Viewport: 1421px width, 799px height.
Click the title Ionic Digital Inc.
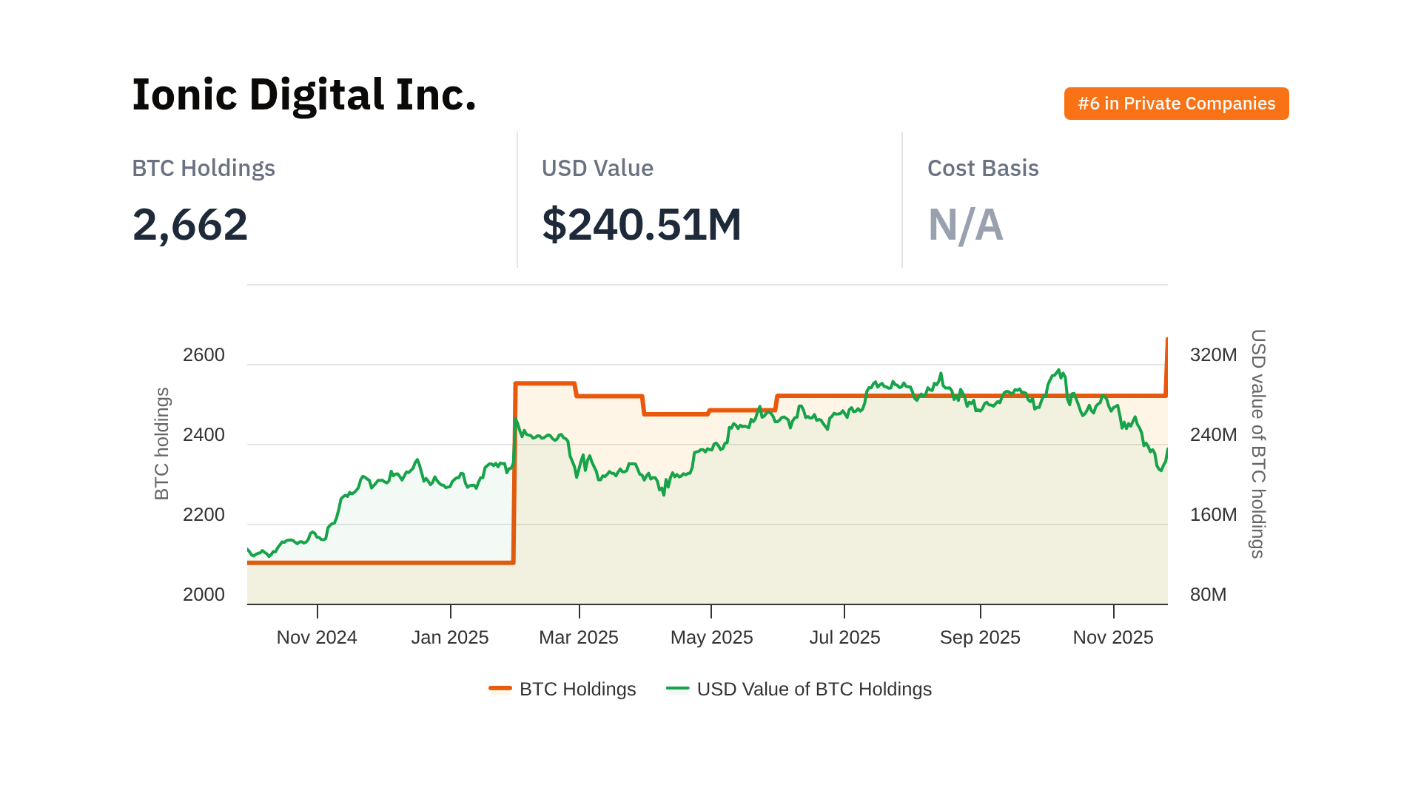303,95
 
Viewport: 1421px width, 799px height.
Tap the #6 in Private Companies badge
1176,104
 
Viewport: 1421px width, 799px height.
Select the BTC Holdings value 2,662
190,225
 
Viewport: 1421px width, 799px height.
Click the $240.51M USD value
641,225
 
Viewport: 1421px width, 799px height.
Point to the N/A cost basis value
965,225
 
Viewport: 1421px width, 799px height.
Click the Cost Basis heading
982,169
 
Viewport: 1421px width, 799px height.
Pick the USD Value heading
597,169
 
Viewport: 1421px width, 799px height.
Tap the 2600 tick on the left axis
204,355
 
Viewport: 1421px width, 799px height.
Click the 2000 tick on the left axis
204,595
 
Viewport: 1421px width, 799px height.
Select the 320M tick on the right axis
1213,355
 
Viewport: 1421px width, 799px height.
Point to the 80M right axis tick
1208,595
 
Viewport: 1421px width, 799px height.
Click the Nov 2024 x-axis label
317,638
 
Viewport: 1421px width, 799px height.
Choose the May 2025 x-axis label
711,638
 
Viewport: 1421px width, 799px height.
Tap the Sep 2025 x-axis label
980,638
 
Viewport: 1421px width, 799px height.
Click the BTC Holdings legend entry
562,690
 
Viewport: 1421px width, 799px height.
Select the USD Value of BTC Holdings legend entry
799,690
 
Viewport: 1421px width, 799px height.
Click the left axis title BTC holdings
162,444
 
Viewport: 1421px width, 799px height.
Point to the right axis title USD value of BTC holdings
1258,444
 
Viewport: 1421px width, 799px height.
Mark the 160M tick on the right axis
1213,515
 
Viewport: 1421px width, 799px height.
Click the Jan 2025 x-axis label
450,638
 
